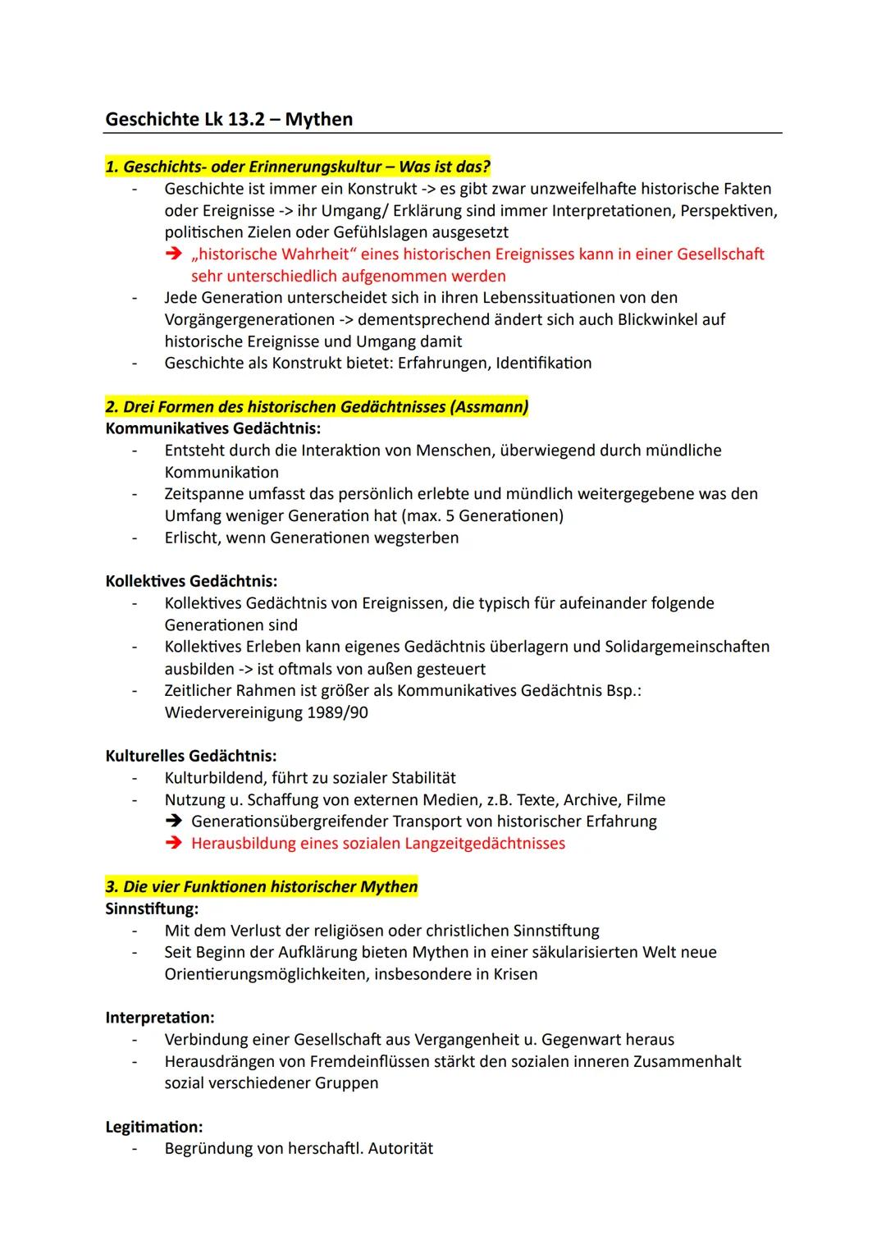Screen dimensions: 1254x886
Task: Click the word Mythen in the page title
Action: pos(318,120)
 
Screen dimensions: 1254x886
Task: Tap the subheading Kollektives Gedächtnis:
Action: pos(191,581)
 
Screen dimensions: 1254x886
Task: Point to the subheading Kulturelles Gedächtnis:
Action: pos(191,756)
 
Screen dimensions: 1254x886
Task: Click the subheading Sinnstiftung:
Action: pos(152,908)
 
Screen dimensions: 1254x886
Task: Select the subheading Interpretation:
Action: pos(160,1018)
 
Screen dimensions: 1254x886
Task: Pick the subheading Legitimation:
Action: pos(154,1127)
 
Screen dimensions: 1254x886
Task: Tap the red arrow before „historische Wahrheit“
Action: pos(173,254)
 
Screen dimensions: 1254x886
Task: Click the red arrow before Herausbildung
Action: pos(173,844)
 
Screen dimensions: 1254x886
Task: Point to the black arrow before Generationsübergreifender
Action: pos(173,822)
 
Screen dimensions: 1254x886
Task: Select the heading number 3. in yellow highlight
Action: pos(112,887)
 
